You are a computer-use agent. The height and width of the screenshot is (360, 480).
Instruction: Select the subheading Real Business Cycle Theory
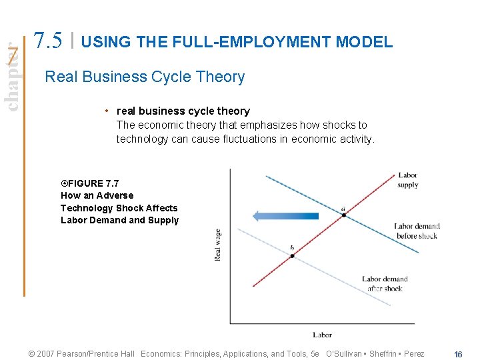(x=145, y=77)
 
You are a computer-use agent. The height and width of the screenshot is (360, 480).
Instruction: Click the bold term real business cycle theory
(x=183, y=111)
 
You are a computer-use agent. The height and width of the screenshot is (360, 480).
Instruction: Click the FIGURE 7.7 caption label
(x=90, y=183)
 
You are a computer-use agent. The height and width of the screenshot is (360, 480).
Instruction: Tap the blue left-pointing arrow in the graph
(x=285, y=215)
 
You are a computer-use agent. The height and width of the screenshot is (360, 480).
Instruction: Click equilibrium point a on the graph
(x=343, y=215)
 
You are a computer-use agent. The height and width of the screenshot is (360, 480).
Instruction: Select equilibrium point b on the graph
(x=292, y=255)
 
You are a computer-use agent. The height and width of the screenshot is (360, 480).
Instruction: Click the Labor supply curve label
(x=407, y=180)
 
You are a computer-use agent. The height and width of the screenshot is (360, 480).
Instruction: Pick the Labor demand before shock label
(x=417, y=231)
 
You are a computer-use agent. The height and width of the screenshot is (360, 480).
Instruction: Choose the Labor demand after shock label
(x=385, y=284)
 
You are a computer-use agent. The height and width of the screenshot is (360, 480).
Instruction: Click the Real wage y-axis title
(x=218, y=245)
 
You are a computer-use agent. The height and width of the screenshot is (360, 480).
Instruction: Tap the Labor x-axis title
(x=322, y=335)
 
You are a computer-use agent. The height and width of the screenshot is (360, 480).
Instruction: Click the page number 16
(x=457, y=354)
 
